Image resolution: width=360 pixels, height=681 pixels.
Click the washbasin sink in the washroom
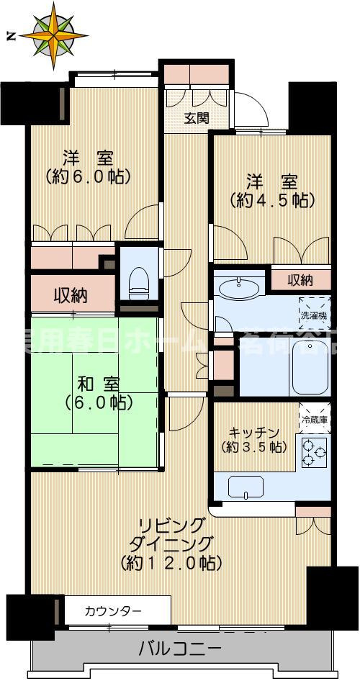coord(239,289)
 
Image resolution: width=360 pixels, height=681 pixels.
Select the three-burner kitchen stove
coord(313,451)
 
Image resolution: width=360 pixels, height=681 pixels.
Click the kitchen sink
coord(245,487)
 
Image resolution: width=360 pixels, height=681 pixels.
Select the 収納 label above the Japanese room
coord(72,294)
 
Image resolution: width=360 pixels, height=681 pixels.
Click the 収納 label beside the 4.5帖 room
coord(300,279)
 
